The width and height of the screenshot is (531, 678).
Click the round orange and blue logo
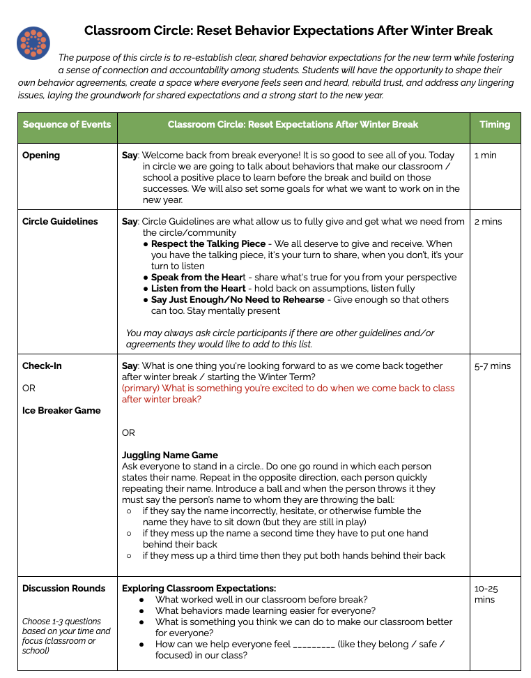pyautogui.click(x=33, y=43)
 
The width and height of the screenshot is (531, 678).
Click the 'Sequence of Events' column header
pyautogui.click(x=67, y=125)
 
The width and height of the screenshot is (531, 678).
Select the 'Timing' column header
pyautogui.click(x=495, y=125)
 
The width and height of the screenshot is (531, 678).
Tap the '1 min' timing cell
pyautogui.click(x=486, y=156)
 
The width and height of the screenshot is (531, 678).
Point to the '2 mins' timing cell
pyautogui.click(x=488, y=222)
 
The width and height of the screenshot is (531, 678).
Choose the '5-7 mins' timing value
pyautogui.click(x=492, y=366)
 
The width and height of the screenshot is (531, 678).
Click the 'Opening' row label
pyautogui.click(x=41, y=156)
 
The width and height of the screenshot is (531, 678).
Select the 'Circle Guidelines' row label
pyautogui.click(x=60, y=222)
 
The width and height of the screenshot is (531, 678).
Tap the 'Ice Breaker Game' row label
pyautogui.click(x=61, y=411)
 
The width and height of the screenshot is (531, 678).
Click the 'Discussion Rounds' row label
pyautogui.click(x=64, y=589)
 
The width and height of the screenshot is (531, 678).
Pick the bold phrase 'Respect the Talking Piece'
pyautogui.click(x=208, y=244)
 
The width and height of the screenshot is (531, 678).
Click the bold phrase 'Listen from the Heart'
pyautogui.click(x=199, y=289)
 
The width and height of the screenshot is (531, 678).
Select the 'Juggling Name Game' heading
pyautogui.click(x=170, y=455)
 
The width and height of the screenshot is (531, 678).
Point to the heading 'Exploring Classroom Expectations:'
pyautogui.click(x=199, y=589)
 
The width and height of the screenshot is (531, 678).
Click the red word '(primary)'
pyautogui.click(x=141, y=389)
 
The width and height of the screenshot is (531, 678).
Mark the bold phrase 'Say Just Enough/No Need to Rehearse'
pyautogui.click(x=238, y=300)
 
